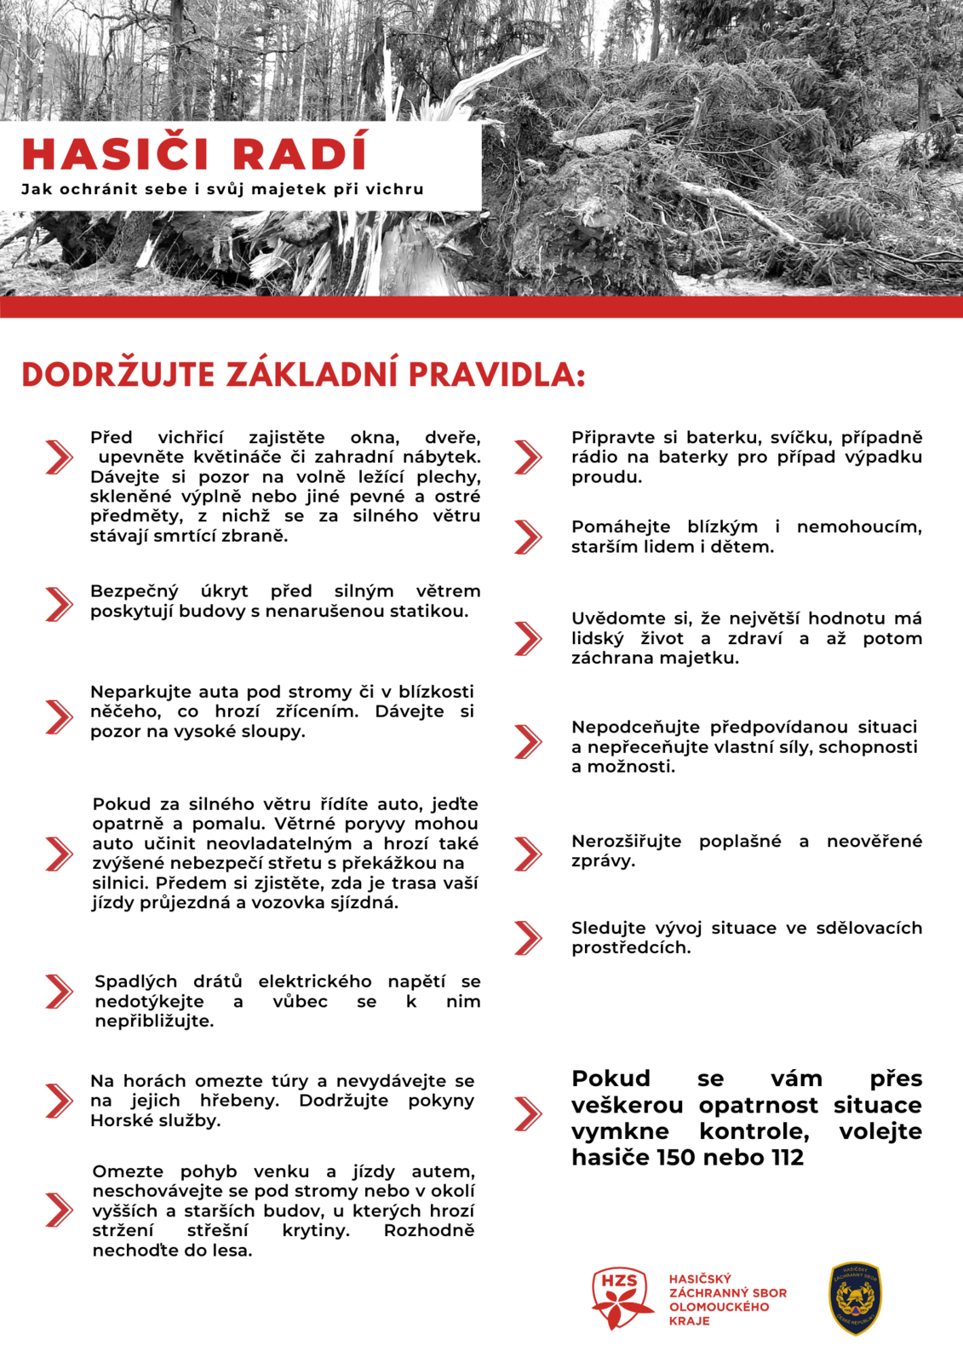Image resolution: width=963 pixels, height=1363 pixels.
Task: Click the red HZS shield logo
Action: [621, 1297]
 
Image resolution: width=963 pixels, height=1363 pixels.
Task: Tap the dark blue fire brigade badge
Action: [855, 1297]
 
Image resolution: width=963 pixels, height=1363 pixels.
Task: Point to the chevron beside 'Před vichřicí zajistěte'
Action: [59, 457]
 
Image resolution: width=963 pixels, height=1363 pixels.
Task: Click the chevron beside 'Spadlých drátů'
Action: [59, 991]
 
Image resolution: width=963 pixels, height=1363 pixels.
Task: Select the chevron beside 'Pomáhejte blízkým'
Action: [528, 537]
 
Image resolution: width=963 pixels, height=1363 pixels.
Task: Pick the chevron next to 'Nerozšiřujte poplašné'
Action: [528, 853]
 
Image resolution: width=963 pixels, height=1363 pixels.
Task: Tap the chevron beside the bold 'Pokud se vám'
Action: [528, 1113]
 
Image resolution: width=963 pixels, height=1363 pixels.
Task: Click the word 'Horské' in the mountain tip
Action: [118, 1120]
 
